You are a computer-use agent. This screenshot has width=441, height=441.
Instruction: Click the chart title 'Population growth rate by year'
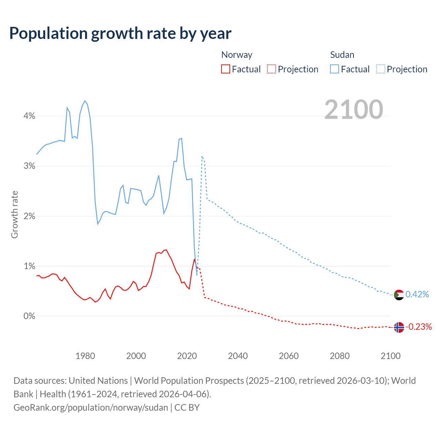click(120, 33)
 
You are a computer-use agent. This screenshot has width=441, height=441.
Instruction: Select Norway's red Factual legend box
click(225, 69)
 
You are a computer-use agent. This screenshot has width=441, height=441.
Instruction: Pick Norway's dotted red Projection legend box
click(271, 69)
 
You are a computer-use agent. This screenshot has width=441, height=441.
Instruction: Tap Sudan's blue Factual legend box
click(334, 69)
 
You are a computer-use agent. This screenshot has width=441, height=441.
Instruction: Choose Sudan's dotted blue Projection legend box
click(380, 69)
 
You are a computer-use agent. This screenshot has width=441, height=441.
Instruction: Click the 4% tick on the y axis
click(29, 116)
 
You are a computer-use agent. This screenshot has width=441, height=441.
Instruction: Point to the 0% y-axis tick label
click(29, 316)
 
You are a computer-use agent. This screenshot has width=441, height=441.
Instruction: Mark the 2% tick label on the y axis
click(29, 216)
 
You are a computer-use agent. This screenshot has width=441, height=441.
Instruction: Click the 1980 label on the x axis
click(85, 356)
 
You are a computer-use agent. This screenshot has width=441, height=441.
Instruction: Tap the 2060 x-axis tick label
click(289, 356)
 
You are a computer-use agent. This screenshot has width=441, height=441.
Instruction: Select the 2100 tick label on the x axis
click(390, 356)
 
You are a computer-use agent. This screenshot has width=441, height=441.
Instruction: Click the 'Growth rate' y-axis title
click(14, 214)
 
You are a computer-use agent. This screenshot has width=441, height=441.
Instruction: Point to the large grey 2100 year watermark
click(353, 110)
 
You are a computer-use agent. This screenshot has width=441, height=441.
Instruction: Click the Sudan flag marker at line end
click(399, 295)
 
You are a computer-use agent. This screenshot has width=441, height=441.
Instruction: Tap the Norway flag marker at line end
click(399, 327)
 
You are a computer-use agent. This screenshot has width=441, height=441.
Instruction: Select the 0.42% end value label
click(417, 294)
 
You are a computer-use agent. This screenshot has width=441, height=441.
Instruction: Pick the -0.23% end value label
click(419, 327)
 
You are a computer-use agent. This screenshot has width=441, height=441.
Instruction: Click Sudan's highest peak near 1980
click(85, 101)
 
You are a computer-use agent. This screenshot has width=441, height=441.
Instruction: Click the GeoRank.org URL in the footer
click(91, 407)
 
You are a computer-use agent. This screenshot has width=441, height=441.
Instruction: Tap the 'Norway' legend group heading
click(237, 55)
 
